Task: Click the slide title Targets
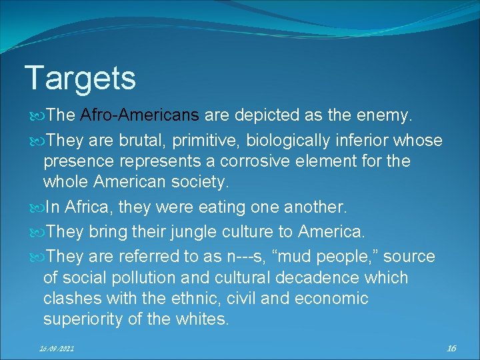pyautogui.click(x=80, y=78)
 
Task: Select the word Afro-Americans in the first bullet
pyautogui.click(x=139, y=115)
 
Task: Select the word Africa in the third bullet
pyautogui.click(x=90, y=207)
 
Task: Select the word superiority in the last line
pyautogui.click(x=82, y=319)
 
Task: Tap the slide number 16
pyautogui.click(x=451, y=348)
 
